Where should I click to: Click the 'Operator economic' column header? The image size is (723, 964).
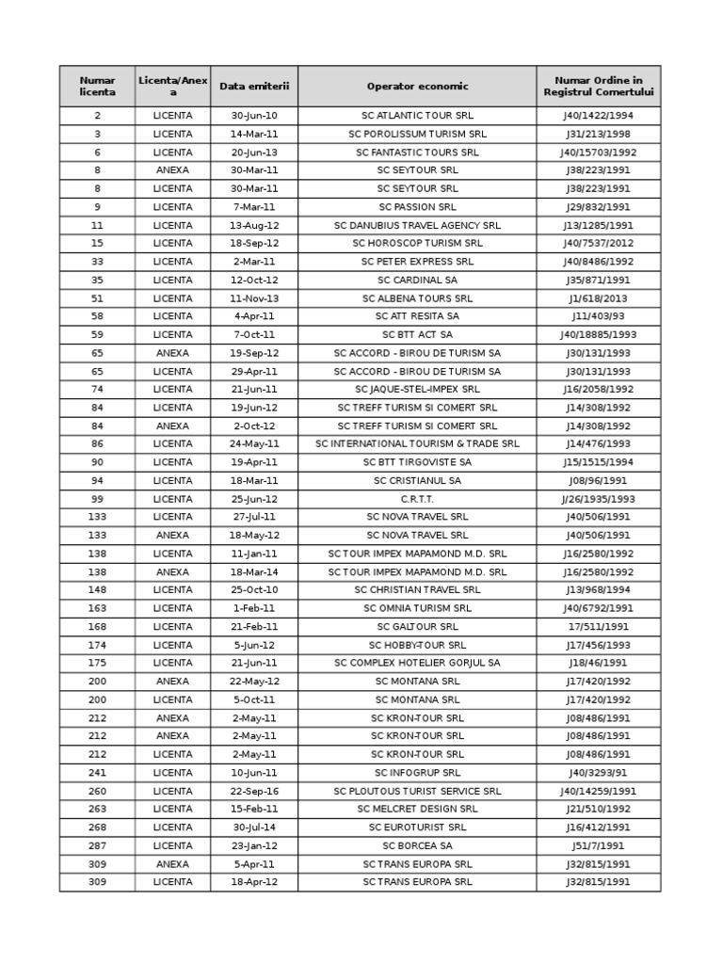tap(417, 87)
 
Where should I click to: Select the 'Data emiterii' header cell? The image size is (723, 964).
tap(254, 87)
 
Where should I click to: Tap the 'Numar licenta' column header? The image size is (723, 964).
tap(97, 87)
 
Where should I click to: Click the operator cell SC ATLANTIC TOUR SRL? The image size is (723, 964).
tap(417, 116)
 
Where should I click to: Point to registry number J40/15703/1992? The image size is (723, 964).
tap(599, 153)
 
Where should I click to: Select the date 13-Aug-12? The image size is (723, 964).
tap(254, 226)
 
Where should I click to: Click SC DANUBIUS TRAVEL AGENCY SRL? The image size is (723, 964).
tap(417, 226)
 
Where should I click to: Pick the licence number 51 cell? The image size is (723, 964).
tap(97, 298)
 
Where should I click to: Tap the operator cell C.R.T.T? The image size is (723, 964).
tap(417, 499)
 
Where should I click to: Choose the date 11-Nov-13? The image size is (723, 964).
tap(254, 298)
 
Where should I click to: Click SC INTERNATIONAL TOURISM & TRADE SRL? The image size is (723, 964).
tap(417, 444)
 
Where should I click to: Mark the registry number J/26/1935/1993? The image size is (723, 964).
tap(599, 499)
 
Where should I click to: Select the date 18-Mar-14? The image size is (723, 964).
tap(254, 572)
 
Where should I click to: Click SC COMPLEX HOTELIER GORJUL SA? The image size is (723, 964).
tap(417, 664)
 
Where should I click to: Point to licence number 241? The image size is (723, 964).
tap(97, 773)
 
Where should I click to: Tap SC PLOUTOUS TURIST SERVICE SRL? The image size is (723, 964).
tap(417, 792)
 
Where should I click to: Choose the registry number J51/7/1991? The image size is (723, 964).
tap(599, 846)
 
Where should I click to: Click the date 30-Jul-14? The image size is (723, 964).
tap(254, 827)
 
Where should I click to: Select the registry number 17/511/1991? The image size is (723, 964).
tap(599, 627)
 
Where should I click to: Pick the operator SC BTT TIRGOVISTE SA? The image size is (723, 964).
tap(417, 462)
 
